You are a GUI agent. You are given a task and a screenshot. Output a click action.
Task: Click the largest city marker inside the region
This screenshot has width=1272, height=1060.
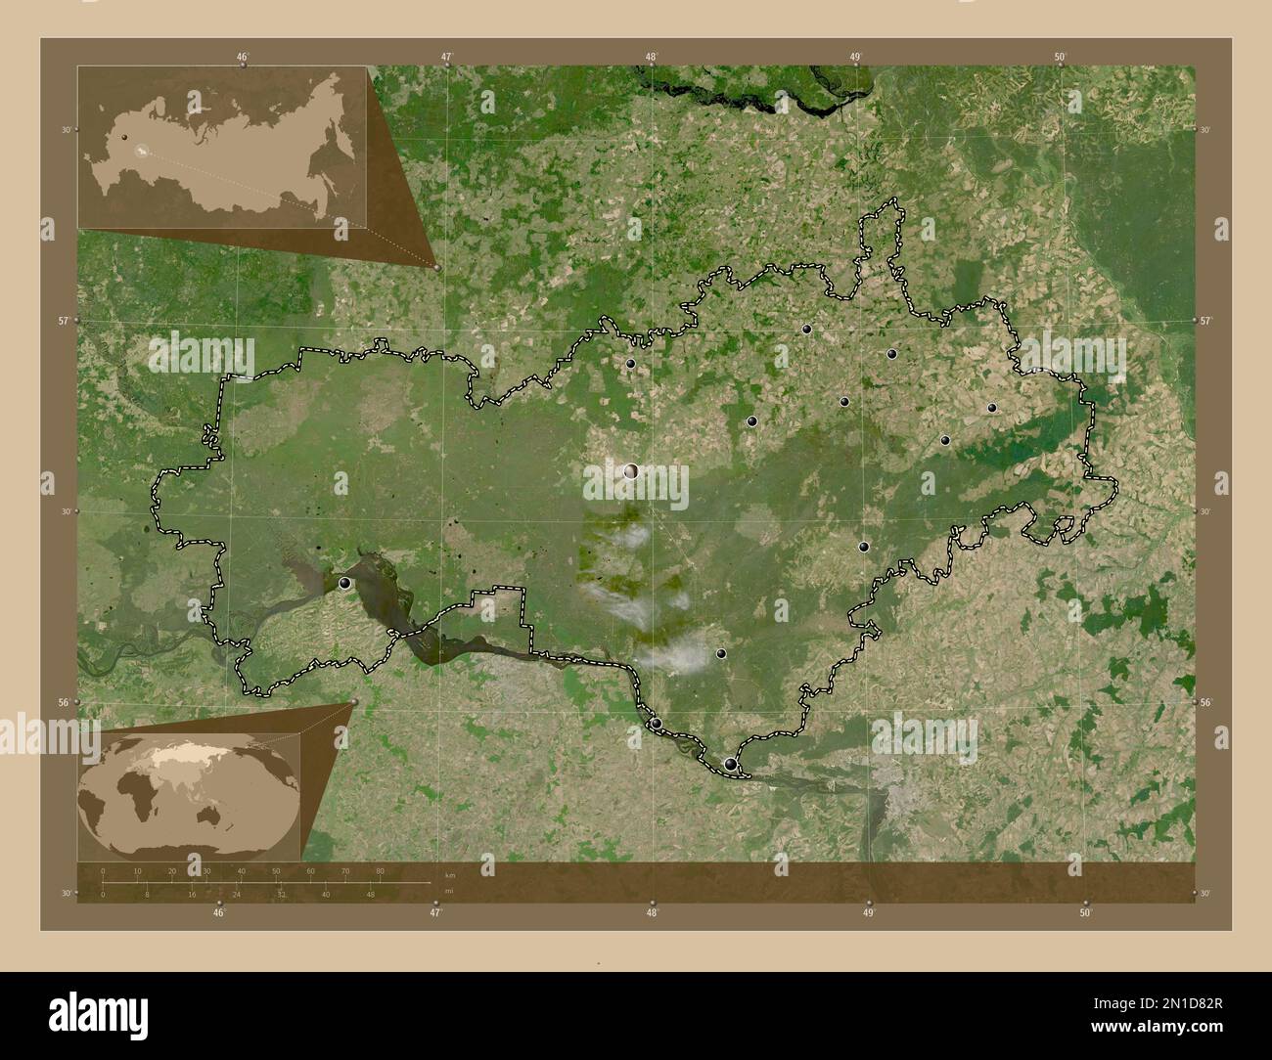[631, 471]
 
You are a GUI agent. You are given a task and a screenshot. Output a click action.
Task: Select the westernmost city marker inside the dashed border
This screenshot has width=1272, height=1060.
[344, 583]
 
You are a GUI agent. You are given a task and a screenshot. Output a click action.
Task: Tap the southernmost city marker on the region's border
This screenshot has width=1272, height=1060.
[730, 764]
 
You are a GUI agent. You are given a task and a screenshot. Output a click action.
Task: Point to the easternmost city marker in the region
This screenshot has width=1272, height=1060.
[991, 408]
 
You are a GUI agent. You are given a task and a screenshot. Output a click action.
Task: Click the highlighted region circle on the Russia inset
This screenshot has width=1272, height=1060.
[143, 152]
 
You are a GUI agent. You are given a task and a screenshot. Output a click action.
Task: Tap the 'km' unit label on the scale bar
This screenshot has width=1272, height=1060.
[450, 874]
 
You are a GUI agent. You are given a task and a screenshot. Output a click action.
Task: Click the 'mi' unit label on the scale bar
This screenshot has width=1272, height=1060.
[448, 891]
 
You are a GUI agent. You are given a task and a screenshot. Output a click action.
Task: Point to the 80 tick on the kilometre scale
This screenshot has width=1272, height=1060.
[380, 871]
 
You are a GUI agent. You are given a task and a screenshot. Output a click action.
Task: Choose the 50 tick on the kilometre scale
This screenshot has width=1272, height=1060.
[276, 871]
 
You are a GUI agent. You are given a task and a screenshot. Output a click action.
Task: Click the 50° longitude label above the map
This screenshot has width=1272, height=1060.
[1060, 57]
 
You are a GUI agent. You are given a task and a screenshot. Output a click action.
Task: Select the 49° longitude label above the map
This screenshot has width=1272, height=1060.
[855, 57]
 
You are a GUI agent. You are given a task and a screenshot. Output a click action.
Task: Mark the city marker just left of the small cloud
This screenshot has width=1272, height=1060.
[721, 653]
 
